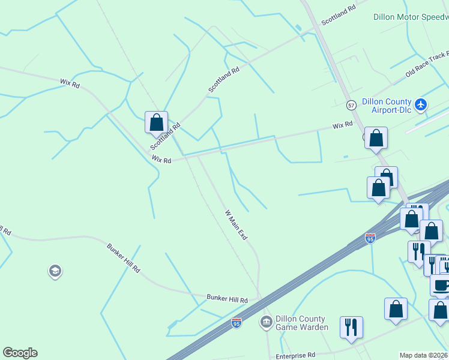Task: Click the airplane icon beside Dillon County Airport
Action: click(x=421, y=105)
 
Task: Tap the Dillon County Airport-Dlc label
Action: click(x=386, y=106)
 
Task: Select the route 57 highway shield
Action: click(x=351, y=105)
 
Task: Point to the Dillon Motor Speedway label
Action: click(x=411, y=17)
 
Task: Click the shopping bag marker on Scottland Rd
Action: click(x=156, y=122)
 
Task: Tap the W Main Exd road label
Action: click(x=236, y=225)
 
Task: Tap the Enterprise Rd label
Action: click(x=295, y=355)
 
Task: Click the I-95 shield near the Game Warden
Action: click(x=237, y=323)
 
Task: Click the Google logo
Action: click(x=20, y=353)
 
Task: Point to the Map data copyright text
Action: click(x=424, y=355)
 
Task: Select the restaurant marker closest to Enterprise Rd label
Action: click(x=351, y=327)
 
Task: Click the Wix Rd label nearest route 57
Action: click(x=343, y=125)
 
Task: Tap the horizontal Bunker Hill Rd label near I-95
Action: click(x=227, y=298)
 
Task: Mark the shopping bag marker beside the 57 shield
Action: click(x=376, y=138)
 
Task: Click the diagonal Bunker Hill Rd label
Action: click(x=123, y=258)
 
